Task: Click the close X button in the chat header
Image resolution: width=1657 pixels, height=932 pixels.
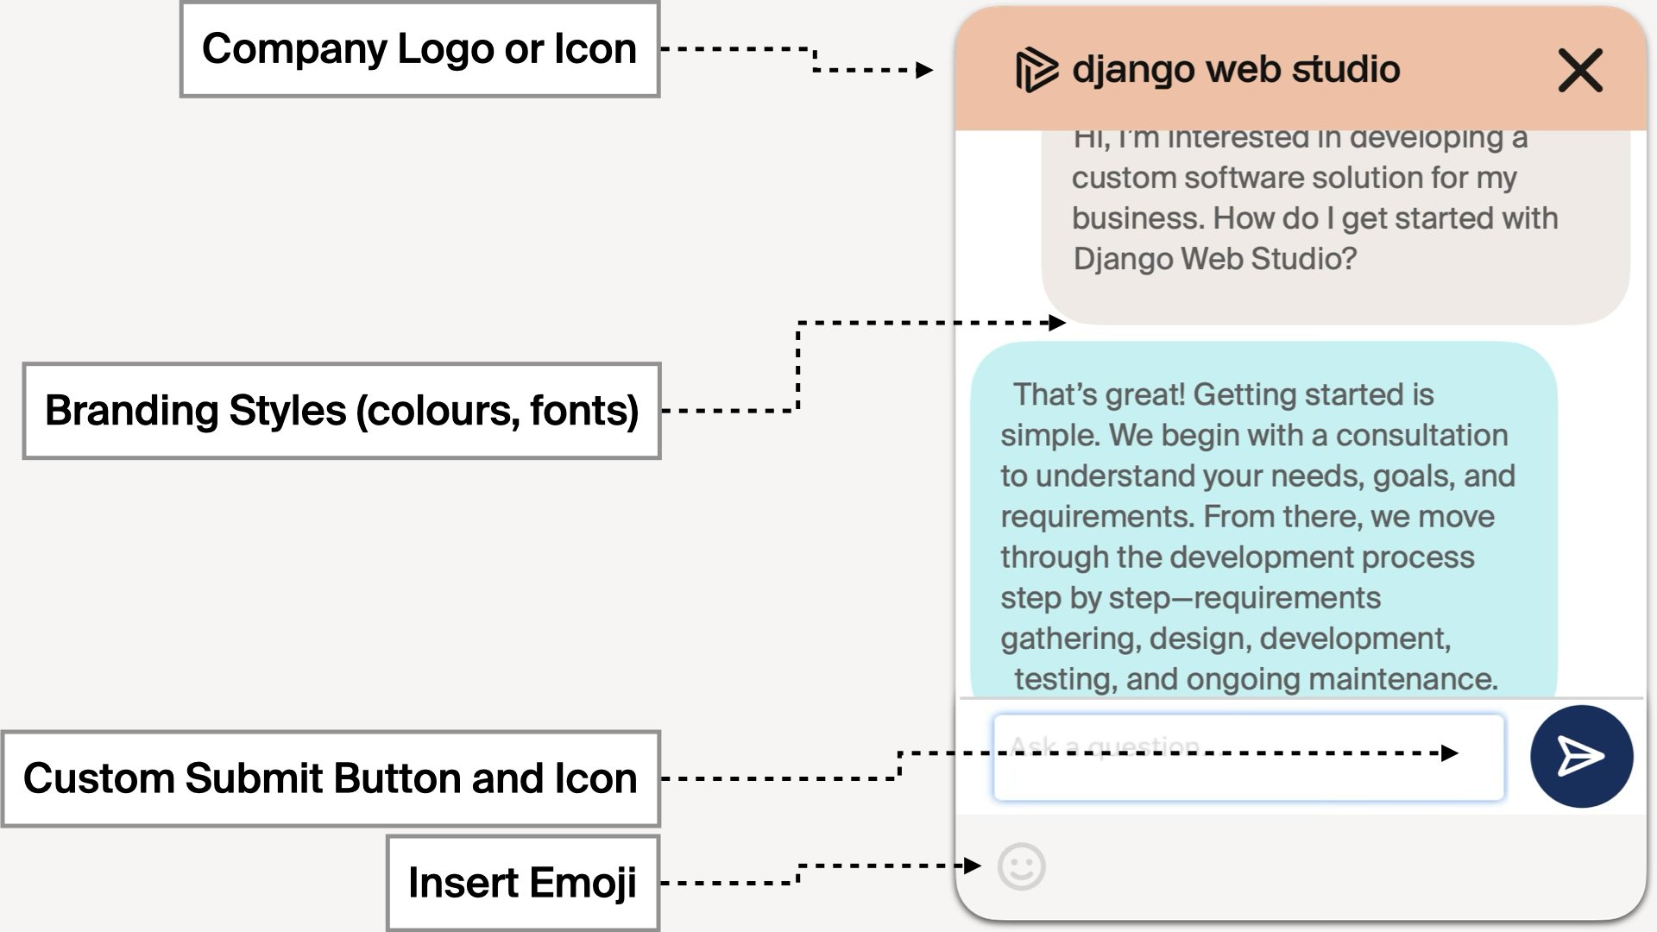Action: pos(1579,70)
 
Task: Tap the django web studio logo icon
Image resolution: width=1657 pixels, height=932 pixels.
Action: pos(1036,70)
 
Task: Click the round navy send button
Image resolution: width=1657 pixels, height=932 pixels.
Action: pos(1581,757)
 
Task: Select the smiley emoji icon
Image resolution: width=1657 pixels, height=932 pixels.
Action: pos(1022,866)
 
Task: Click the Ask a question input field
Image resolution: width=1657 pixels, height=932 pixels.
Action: pos(1248,758)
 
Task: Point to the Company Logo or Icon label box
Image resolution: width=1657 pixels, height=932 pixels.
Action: pos(419,49)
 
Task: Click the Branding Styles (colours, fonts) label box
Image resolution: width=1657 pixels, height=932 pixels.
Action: pos(342,411)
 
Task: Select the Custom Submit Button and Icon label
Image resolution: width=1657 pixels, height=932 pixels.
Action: pos(331,778)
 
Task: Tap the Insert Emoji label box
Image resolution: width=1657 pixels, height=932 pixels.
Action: pos(523,883)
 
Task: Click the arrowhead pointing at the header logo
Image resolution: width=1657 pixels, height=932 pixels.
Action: pos(924,70)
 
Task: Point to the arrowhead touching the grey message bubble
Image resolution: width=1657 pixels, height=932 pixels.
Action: pos(1057,323)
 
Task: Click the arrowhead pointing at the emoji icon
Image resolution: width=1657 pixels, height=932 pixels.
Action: pos(973,865)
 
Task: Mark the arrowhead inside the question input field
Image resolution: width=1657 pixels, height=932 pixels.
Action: pos(1450,753)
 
